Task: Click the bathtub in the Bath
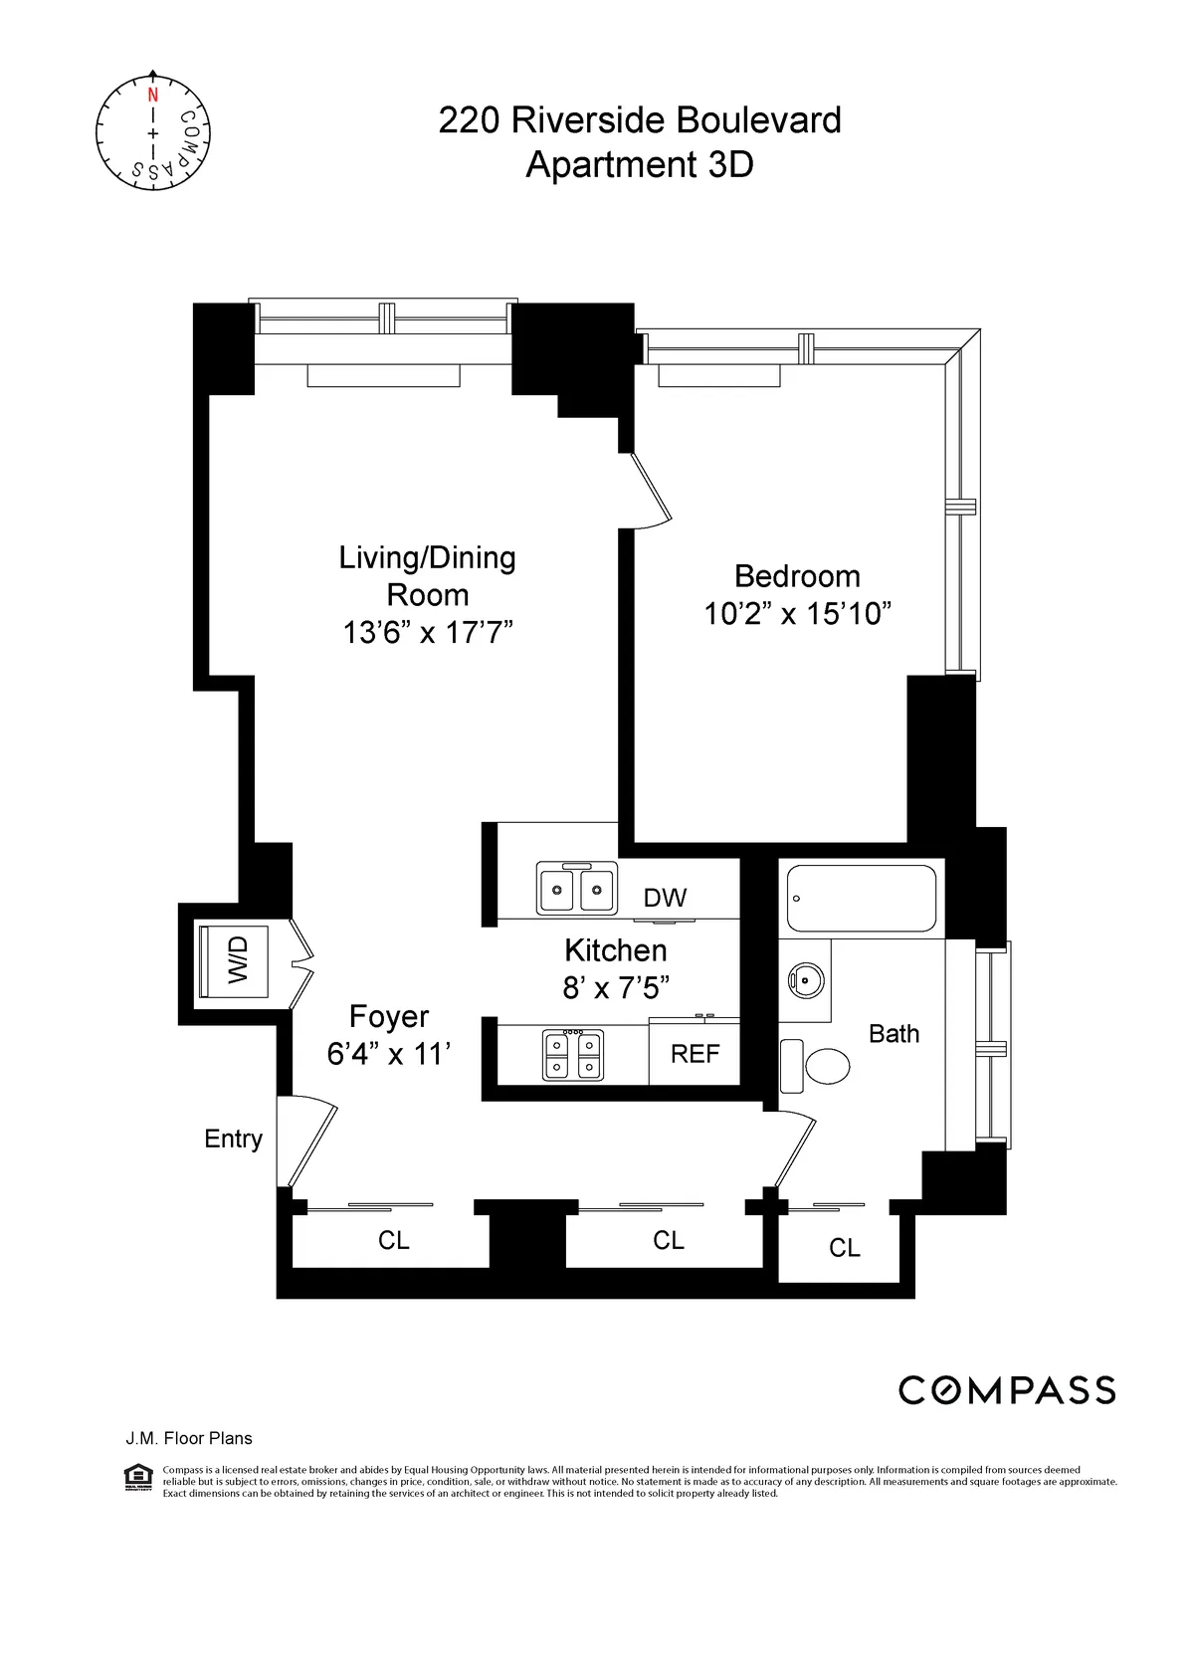pos(861,898)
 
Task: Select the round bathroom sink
pos(807,981)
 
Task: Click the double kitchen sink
pos(576,888)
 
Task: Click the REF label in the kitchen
pos(695,1054)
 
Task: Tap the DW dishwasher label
pos(665,898)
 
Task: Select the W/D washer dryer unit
pos(236,959)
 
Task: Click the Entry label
pos(233,1139)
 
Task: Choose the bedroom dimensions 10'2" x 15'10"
pos(797,613)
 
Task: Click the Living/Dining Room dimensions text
pos(427,632)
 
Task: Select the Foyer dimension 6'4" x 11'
pos(388,1054)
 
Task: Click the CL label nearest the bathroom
pos(844,1248)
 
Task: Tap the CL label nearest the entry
pos(393,1241)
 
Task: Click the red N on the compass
pos(152,96)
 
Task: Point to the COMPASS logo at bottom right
pos(1006,1390)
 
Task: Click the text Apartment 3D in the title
pos(639,164)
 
